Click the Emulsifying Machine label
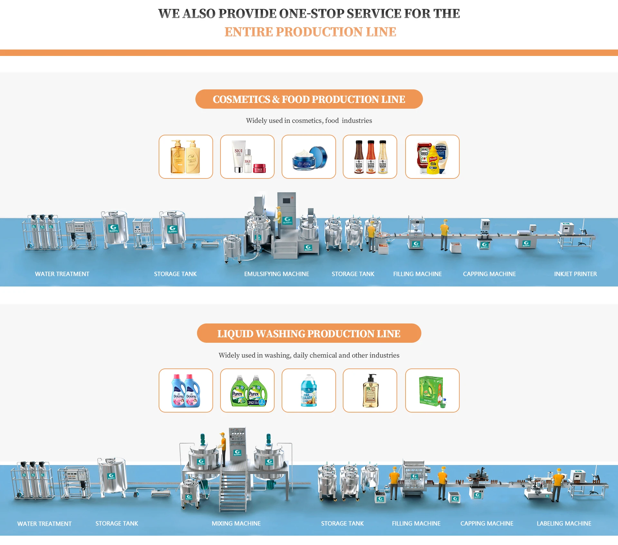[276, 274]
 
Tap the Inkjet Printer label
[575, 274]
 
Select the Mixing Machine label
[236, 523]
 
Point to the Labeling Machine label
[564, 523]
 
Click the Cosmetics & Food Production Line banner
[309, 99]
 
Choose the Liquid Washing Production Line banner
[309, 333]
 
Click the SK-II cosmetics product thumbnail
[247, 157]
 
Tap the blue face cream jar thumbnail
[309, 157]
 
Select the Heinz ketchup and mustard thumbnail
[432, 157]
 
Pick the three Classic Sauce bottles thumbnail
[370, 157]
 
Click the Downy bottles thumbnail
[186, 391]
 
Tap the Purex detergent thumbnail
[247, 391]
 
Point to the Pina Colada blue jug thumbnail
[309, 391]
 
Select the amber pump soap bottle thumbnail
[370, 391]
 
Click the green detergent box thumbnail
[432, 391]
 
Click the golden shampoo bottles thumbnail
[186, 157]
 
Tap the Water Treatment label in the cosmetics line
[62, 274]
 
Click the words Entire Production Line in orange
[310, 32]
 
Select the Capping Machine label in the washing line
[487, 523]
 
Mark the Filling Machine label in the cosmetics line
[417, 274]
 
